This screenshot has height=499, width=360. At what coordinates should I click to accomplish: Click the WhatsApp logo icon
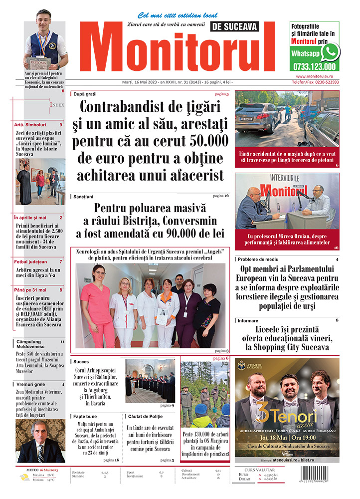[330, 52]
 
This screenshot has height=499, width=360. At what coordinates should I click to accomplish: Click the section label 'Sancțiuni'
[83, 196]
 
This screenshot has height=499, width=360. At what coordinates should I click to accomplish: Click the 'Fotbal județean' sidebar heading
[31, 261]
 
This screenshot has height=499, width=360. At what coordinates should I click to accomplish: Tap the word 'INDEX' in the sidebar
[57, 105]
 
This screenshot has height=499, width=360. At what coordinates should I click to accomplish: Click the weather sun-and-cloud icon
[24, 477]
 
